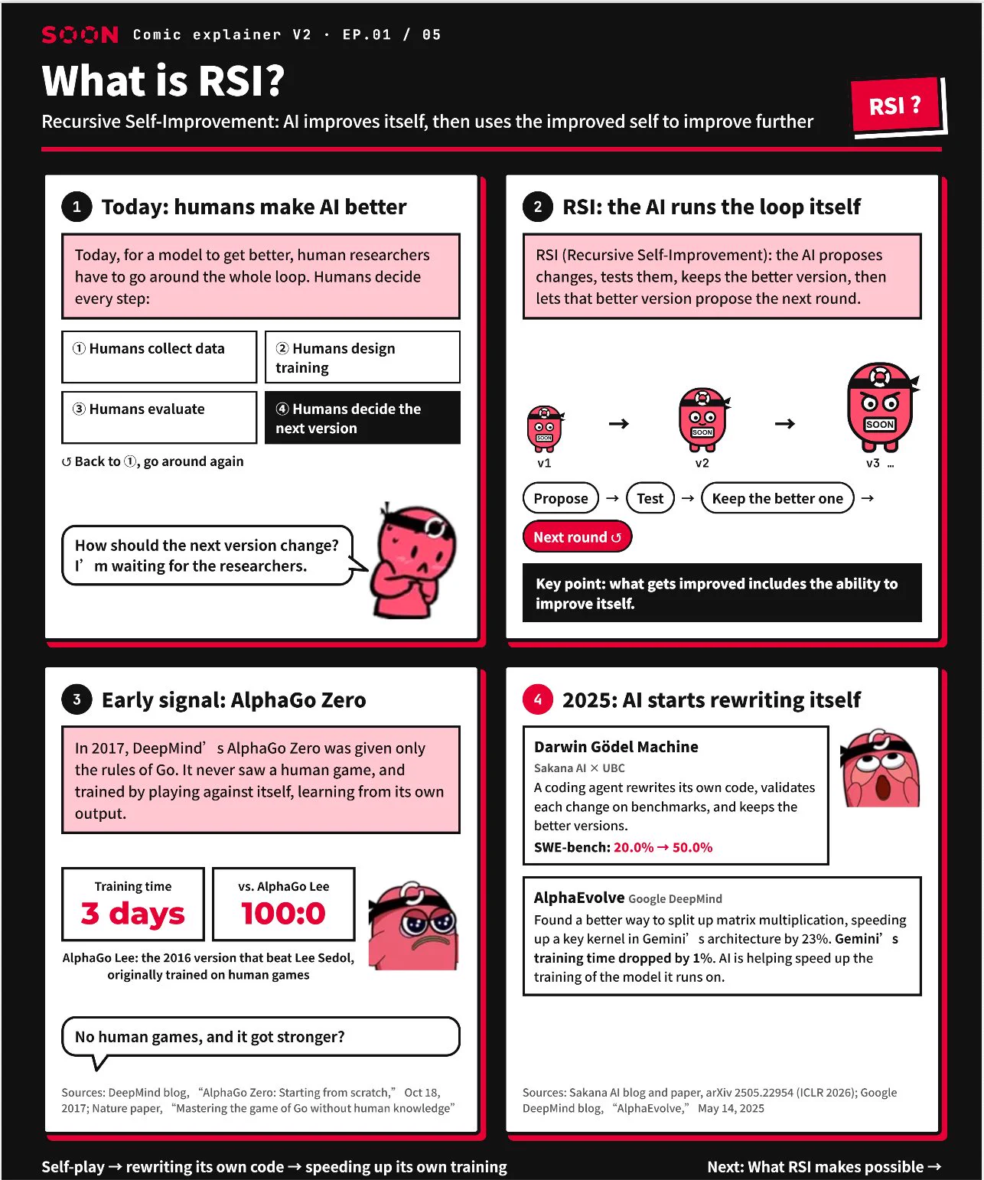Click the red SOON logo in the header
point(80,34)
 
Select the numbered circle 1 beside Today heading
point(77,207)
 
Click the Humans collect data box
point(159,357)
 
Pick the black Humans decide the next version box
point(362,418)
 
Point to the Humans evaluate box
point(159,418)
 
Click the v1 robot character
point(545,429)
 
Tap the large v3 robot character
point(881,407)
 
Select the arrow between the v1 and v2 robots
point(619,423)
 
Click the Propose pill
point(561,498)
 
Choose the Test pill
point(650,498)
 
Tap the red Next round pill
point(577,536)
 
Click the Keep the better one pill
point(777,498)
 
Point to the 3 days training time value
point(133,913)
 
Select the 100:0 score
point(283,913)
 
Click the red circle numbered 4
point(537,699)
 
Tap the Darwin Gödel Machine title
point(616,747)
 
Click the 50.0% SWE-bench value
point(692,847)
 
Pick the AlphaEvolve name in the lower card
point(579,898)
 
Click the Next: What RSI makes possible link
point(824,1166)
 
